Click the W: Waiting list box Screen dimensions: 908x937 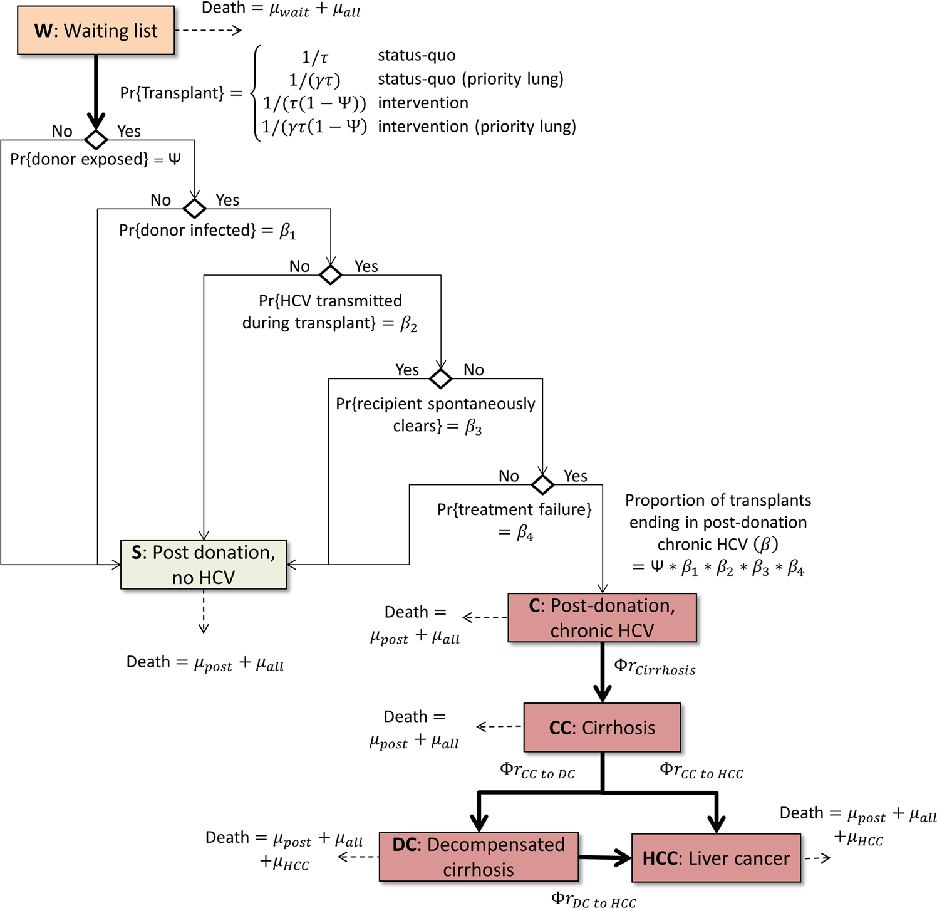[96, 31]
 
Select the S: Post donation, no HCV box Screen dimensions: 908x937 [204, 565]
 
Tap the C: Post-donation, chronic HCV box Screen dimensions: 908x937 [602, 618]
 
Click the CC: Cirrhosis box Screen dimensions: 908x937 [602, 728]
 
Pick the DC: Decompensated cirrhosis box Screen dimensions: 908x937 [479, 857]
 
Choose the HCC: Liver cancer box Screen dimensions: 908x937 [716, 858]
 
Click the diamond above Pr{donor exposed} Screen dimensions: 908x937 [96, 139]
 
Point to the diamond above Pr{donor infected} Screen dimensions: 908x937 [194, 208]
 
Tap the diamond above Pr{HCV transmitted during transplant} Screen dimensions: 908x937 [331, 274]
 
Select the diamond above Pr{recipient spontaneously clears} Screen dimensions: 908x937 [441, 378]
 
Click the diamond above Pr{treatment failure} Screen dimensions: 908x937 [542, 484]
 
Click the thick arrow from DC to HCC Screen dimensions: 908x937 [604, 858]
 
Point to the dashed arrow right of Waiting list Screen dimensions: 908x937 [208, 30]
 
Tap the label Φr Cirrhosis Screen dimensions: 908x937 [655, 667]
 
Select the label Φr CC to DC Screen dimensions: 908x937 [537, 771]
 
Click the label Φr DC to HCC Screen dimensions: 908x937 [593, 900]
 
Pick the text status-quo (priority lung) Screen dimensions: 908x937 [470, 79]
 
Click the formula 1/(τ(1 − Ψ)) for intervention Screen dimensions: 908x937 [314, 103]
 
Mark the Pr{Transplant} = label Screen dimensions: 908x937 [181, 93]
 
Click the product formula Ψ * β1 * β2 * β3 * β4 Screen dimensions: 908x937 [718, 568]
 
